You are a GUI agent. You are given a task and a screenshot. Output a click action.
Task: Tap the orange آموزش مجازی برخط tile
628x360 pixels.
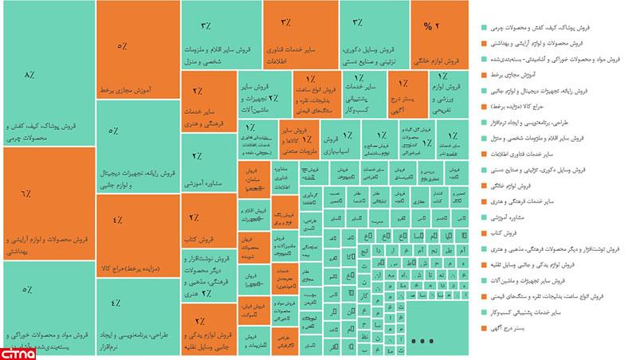(x=136, y=48)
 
